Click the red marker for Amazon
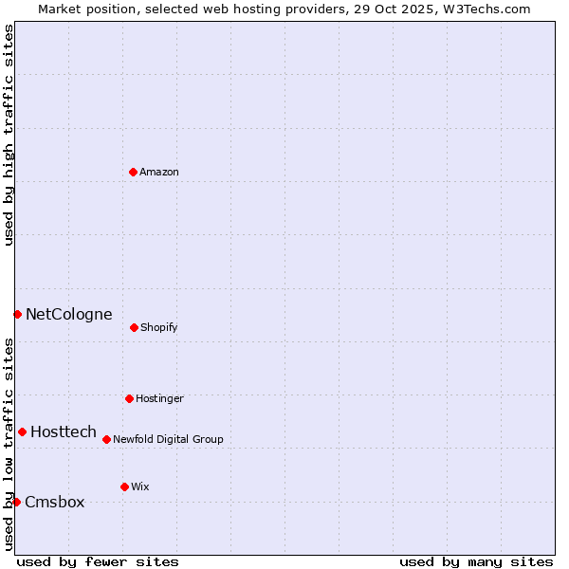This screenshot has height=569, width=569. pos(133,172)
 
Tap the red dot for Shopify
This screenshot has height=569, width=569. pos(134,327)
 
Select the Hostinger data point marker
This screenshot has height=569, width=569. pos(129,398)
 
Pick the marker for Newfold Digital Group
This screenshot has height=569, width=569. pos(106,439)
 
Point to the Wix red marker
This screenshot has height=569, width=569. pos(124,486)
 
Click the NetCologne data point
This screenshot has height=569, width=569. pos(17,314)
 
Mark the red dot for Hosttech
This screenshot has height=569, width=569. pos(22,431)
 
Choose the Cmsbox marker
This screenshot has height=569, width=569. pos(16,502)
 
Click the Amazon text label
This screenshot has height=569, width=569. pos(159,173)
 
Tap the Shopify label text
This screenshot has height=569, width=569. pos(159,328)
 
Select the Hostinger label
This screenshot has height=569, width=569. pos(159,399)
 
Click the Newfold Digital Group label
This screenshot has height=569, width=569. pos(168,440)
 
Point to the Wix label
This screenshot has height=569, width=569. pos(140,487)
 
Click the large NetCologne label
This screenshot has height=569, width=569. pos(68,315)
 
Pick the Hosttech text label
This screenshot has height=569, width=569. pos(64,432)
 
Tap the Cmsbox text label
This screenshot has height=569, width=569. pos(55,503)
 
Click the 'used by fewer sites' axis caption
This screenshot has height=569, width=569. pos(98,561)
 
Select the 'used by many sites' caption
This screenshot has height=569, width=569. pos(476,561)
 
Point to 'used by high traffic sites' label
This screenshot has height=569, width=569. pos(9,135)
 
